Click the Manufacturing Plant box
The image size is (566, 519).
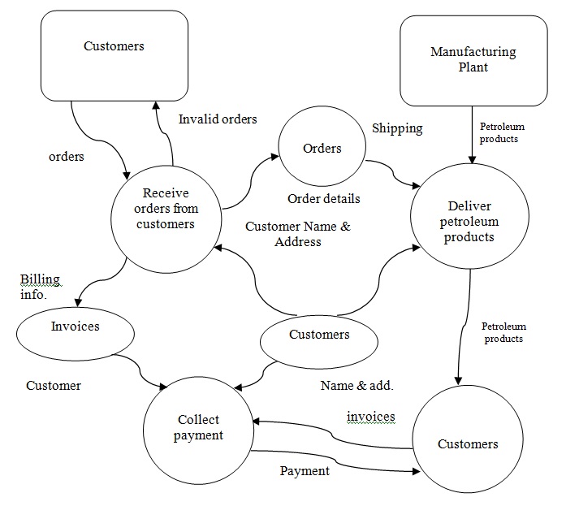[473, 59]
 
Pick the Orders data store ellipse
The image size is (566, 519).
[322, 149]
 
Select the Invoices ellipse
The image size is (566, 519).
[75, 327]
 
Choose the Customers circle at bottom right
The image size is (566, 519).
[468, 443]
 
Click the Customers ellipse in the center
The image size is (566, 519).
[319, 335]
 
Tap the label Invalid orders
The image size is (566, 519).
[217, 119]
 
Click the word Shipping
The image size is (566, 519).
[397, 128]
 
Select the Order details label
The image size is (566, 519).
[324, 198]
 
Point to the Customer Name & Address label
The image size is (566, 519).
[298, 234]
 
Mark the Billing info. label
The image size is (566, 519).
[40, 287]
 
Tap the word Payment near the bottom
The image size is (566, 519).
[305, 471]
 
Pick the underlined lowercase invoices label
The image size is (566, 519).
[370, 417]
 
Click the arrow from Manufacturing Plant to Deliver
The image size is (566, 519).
[472, 138]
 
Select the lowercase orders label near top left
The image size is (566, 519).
[66, 156]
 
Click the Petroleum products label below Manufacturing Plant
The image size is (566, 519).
[502, 132]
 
